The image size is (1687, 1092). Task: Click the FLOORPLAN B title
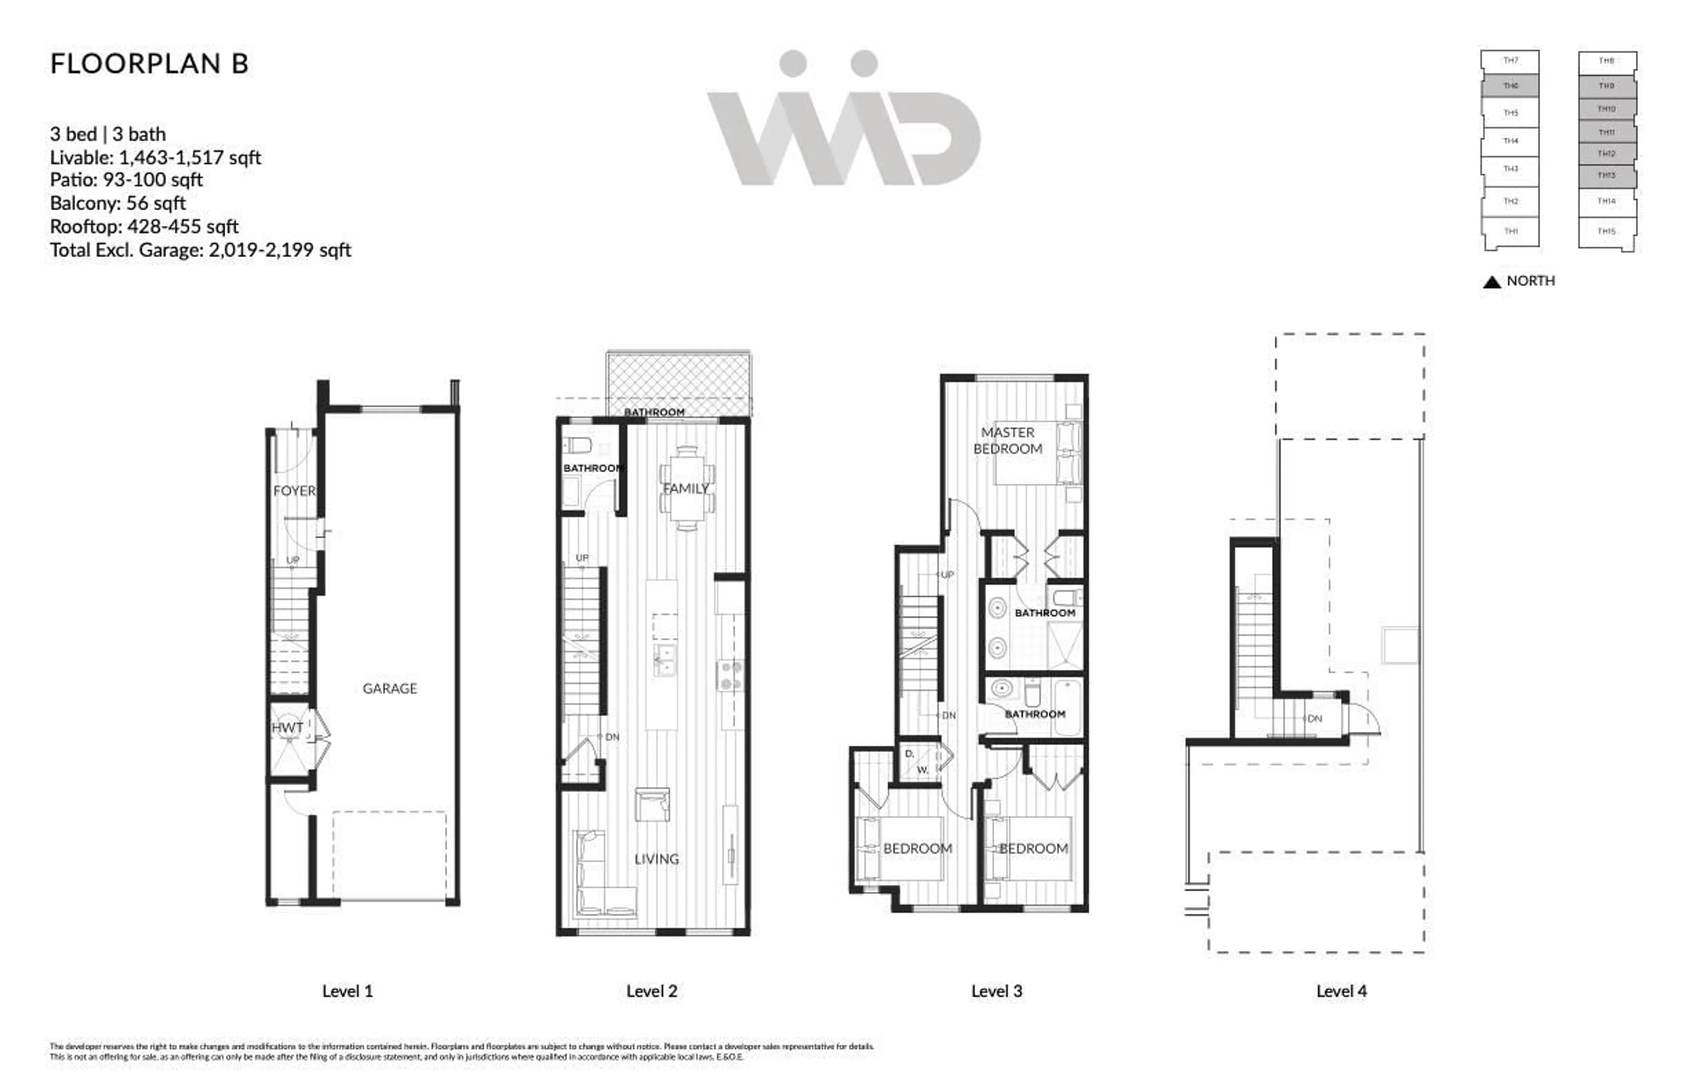click(149, 64)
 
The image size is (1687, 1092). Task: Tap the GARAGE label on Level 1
click(389, 689)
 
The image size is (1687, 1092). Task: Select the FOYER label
click(294, 491)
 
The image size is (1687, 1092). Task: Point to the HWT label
click(287, 728)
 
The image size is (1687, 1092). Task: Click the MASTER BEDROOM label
click(1007, 440)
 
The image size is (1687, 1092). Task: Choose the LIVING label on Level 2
click(656, 859)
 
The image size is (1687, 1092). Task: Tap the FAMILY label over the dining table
click(685, 489)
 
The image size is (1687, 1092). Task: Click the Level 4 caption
click(1341, 991)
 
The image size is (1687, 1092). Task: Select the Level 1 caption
click(348, 991)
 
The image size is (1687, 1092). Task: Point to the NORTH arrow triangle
click(1492, 282)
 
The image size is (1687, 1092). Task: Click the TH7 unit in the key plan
click(1510, 61)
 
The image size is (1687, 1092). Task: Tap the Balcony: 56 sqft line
click(118, 203)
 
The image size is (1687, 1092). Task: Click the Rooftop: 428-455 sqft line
click(144, 227)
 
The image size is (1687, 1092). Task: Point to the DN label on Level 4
click(1315, 718)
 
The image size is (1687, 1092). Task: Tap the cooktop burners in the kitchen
click(731, 676)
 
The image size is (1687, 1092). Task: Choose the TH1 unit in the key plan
click(1510, 231)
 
